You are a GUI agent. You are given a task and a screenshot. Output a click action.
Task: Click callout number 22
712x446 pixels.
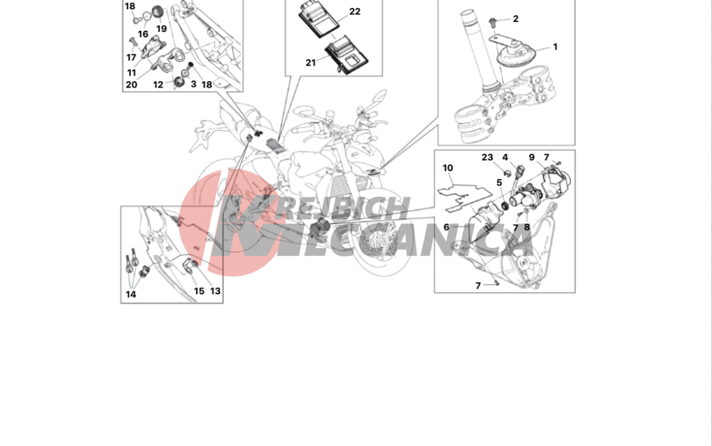[x=355, y=11]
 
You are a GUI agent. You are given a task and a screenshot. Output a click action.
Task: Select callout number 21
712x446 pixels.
[x=310, y=63]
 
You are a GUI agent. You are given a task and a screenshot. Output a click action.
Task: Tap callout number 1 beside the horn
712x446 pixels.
[x=555, y=47]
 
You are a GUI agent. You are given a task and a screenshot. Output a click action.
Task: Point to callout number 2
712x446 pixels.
[x=515, y=19]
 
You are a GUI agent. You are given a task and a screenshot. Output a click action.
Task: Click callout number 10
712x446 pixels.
[x=448, y=168]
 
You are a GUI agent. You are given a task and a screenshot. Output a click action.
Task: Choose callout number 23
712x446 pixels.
[x=487, y=157]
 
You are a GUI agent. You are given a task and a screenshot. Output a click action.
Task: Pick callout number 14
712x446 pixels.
[x=131, y=294]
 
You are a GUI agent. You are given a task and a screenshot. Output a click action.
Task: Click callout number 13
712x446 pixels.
[x=215, y=291]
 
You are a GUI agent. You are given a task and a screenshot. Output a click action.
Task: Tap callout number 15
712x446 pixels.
[x=199, y=291]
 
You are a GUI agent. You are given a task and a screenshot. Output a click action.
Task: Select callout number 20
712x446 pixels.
[x=131, y=85]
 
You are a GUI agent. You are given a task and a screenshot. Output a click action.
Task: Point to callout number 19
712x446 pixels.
[x=162, y=28]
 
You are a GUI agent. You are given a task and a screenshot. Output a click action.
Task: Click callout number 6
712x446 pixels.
[x=446, y=227]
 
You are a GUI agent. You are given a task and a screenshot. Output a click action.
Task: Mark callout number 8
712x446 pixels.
[x=527, y=227]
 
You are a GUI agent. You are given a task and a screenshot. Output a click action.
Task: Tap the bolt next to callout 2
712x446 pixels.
[x=492, y=21]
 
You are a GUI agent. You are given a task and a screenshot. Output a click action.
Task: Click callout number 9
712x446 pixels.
[x=532, y=157]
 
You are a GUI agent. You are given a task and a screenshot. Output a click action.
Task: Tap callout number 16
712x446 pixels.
[x=143, y=34]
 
